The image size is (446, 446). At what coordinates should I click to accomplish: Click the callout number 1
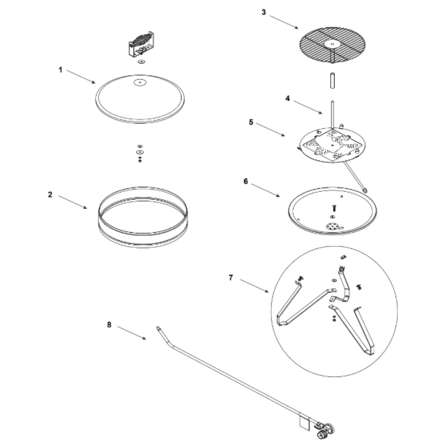60,70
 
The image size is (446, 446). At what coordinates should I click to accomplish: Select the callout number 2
50,194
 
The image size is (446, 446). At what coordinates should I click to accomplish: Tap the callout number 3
264,12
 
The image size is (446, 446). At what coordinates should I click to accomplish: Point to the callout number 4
288,99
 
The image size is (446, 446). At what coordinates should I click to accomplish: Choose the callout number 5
251,122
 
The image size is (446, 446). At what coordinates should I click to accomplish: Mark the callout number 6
246,181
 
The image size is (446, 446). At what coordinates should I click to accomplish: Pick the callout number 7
231,277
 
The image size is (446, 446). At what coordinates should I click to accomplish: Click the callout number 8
109,325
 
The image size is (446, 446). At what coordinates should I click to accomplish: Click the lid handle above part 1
141,44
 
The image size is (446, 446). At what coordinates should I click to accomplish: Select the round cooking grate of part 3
332,45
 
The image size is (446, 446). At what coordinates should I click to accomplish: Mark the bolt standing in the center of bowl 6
334,208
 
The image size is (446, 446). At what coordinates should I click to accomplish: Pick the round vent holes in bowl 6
331,227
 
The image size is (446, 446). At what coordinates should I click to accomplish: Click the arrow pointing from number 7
254,285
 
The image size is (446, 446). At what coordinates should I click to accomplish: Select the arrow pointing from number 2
73,202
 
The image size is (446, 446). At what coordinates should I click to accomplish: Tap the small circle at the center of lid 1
140,83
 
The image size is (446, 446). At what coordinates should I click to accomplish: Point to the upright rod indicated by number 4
332,115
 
